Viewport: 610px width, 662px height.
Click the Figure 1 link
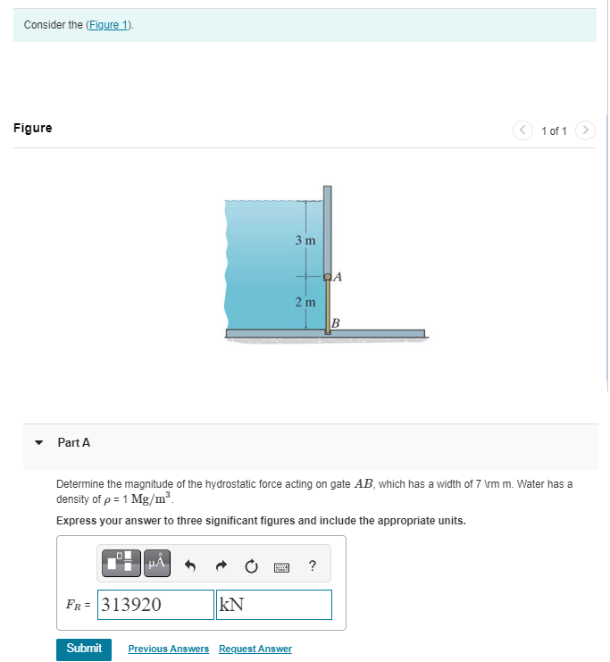109,24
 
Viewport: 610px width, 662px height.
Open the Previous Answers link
169,649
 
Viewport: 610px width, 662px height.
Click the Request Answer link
255,649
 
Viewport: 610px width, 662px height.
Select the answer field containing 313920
155,605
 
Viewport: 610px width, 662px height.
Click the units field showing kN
273,605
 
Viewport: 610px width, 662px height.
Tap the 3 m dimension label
305,240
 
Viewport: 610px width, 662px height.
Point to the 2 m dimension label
305,302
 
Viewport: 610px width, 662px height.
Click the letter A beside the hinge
338,277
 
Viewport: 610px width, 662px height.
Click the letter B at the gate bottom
336,322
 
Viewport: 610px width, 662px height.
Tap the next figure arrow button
585,130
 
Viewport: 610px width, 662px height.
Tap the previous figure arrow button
523,130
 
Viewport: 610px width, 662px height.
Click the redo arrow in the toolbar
221,565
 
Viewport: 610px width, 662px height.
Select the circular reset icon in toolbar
251,565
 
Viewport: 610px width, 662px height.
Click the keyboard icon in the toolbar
281,566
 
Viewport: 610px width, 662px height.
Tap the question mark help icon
311,565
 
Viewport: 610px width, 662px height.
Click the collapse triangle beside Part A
38,442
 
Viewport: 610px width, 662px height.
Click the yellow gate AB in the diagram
328,305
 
